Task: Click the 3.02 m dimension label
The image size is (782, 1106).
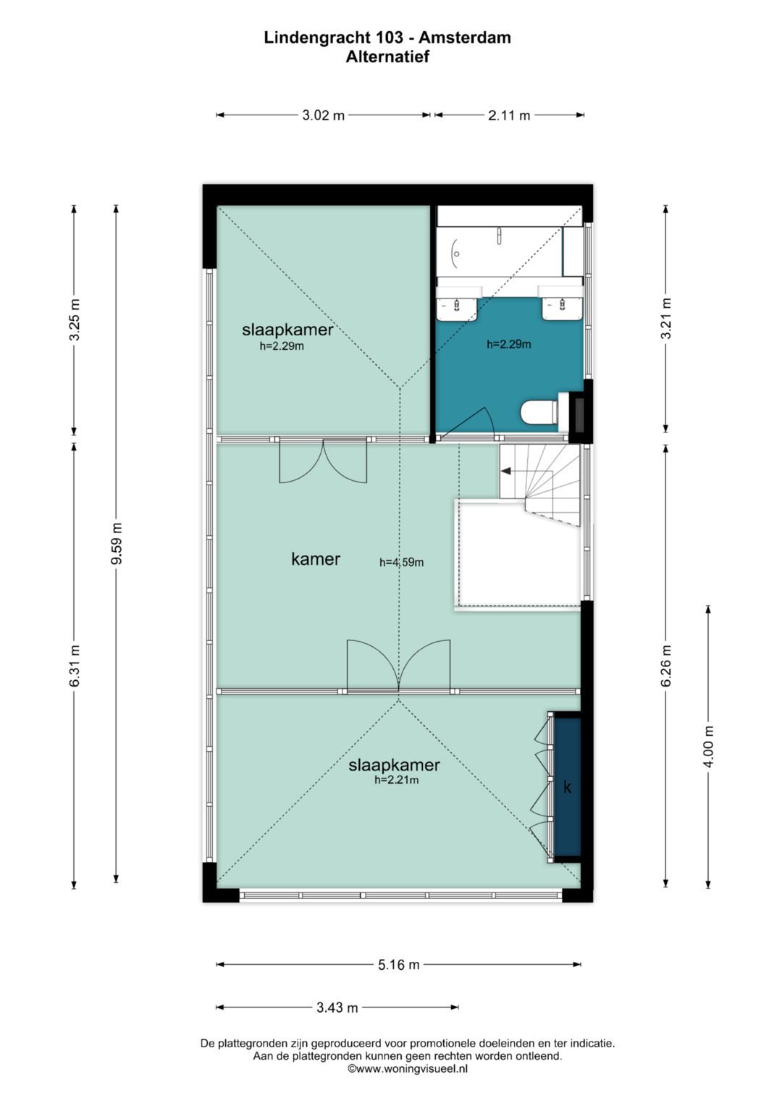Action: pos(324,116)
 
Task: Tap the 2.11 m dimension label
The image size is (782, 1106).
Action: pos(509,116)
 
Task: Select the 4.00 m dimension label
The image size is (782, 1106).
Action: pos(708,746)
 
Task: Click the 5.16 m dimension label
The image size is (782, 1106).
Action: pos(399,964)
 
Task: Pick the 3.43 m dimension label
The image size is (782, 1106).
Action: pos(337,1007)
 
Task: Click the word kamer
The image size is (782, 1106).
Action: pos(316,559)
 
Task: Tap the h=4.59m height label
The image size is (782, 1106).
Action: pos(401,562)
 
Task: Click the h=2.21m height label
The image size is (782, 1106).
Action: pos(397,780)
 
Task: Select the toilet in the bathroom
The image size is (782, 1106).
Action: pos(539,411)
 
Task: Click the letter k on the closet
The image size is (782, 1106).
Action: pos(567,787)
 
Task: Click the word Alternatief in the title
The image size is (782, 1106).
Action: pos(387,56)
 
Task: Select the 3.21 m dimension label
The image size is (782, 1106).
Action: pos(666,319)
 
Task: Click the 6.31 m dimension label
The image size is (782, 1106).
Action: pos(74,666)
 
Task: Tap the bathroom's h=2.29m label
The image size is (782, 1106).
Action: pos(509,344)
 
